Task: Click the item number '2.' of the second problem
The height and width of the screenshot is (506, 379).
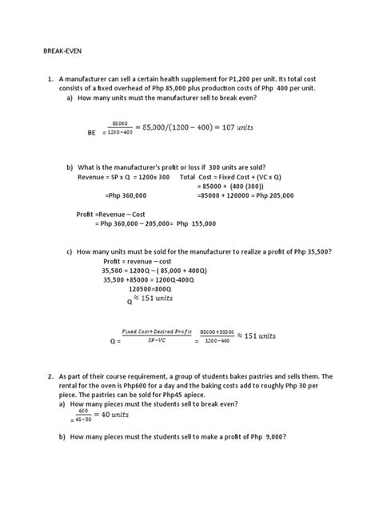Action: (x=50, y=376)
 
